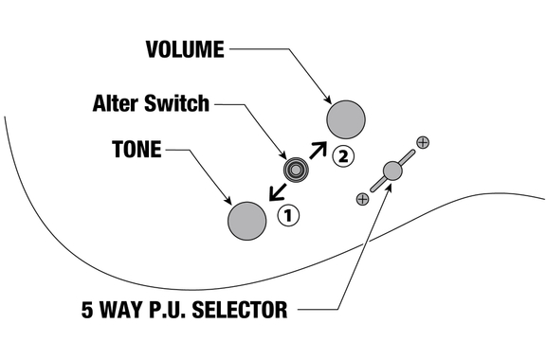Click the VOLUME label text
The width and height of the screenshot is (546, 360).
(x=185, y=49)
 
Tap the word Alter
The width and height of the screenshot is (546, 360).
(x=116, y=103)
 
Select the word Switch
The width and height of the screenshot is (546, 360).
(x=176, y=103)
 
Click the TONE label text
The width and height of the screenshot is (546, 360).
(x=136, y=150)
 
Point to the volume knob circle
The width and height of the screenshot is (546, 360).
(x=346, y=119)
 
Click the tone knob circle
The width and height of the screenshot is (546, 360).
(x=246, y=221)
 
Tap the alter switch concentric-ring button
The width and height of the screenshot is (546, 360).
(x=296, y=170)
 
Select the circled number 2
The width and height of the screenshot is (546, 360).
(x=343, y=156)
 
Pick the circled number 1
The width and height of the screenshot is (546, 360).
(x=288, y=215)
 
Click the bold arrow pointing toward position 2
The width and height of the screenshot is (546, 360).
(x=318, y=150)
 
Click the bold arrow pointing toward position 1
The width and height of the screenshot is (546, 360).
(x=278, y=192)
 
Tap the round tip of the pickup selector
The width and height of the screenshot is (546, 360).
(x=392, y=171)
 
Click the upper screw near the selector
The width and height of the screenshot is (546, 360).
(x=423, y=142)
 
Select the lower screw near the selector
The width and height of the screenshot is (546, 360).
(x=362, y=199)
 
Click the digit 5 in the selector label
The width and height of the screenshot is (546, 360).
(x=87, y=310)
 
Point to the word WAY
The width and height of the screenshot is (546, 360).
(x=121, y=310)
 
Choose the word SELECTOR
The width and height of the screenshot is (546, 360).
(x=240, y=310)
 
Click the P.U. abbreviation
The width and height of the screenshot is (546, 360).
(x=168, y=310)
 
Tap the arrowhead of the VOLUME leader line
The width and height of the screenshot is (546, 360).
(x=328, y=99)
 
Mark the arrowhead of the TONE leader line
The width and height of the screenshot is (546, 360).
(x=228, y=201)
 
